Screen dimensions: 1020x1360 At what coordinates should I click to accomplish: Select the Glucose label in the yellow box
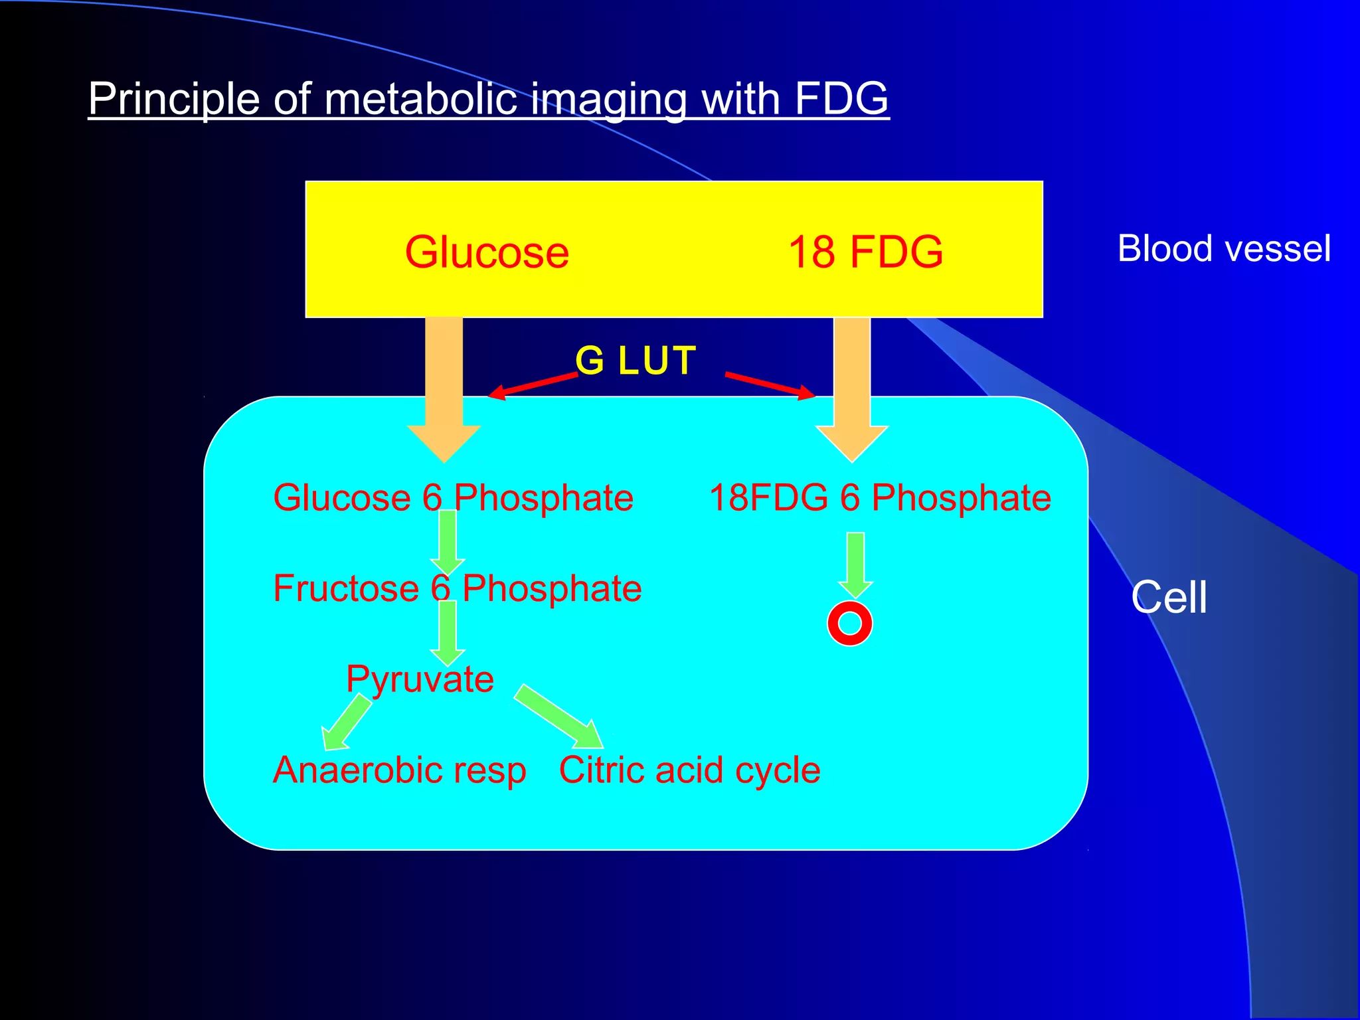click(487, 252)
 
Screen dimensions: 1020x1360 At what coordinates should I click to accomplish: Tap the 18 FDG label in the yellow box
click(865, 252)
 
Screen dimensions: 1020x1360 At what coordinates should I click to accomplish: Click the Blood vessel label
click(1223, 249)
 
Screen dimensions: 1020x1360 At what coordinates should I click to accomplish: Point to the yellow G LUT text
click(636, 361)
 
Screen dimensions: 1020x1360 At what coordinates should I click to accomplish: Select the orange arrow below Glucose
click(444, 392)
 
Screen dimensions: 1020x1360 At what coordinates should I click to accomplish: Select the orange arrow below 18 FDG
click(851, 392)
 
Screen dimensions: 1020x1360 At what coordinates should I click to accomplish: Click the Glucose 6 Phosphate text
click(453, 498)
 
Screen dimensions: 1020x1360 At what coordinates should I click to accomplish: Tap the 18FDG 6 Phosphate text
click(880, 498)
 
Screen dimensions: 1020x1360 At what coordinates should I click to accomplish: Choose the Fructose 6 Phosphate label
click(457, 588)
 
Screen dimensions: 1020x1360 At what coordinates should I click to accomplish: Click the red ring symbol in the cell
click(849, 623)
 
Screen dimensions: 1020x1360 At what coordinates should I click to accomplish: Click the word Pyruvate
click(420, 679)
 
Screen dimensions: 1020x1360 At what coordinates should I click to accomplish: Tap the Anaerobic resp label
click(399, 770)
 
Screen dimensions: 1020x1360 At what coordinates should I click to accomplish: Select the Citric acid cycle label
click(689, 770)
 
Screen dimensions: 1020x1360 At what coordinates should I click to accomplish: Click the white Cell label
click(1168, 597)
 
